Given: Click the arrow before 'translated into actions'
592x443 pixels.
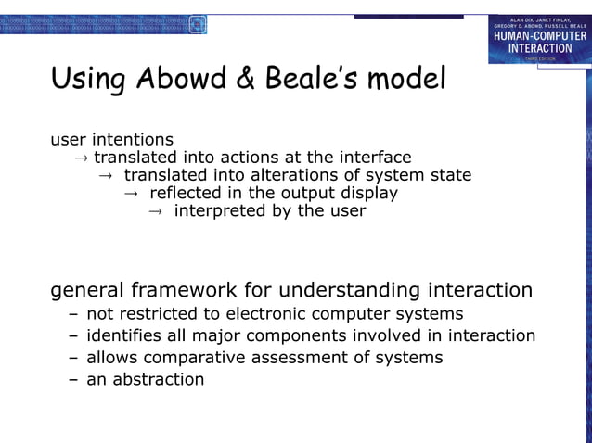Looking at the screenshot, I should (x=81, y=158).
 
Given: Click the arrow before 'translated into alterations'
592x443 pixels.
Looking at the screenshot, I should (x=106, y=175).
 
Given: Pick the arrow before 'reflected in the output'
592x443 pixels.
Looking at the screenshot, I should (x=131, y=193).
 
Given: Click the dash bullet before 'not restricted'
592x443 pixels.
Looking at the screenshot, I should (x=73, y=313).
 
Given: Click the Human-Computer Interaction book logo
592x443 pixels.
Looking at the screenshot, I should (x=539, y=39).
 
